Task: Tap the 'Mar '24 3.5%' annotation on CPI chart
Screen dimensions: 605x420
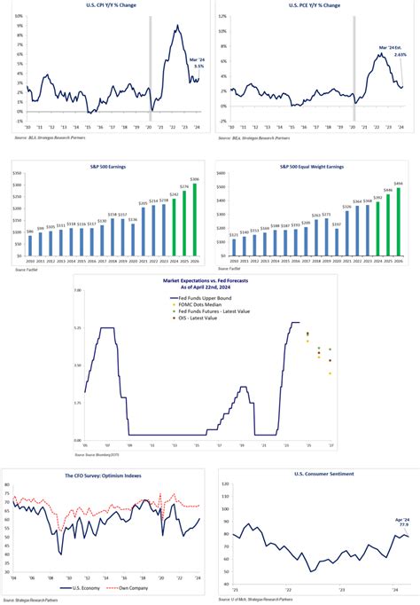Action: [198, 63]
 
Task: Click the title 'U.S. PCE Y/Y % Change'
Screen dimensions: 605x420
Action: [314, 5]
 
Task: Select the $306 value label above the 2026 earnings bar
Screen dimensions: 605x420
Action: [194, 180]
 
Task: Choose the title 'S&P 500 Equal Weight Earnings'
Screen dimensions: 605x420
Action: [313, 166]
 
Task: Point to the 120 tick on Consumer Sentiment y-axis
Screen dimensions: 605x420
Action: [225, 483]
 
